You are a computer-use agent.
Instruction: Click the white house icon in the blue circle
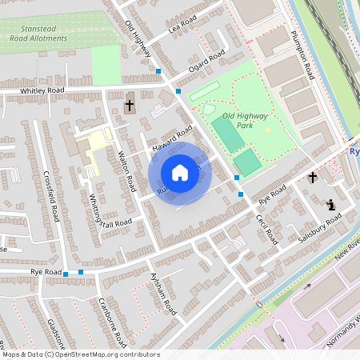[180, 172]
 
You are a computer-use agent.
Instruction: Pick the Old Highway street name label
[138, 38]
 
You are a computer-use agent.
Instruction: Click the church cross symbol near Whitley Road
[130, 105]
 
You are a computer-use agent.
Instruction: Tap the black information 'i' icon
[331, 205]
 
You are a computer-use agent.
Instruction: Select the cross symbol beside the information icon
[313, 178]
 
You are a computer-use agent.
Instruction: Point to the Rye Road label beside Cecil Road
[273, 194]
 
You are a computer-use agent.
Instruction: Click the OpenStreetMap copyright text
[80, 354]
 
